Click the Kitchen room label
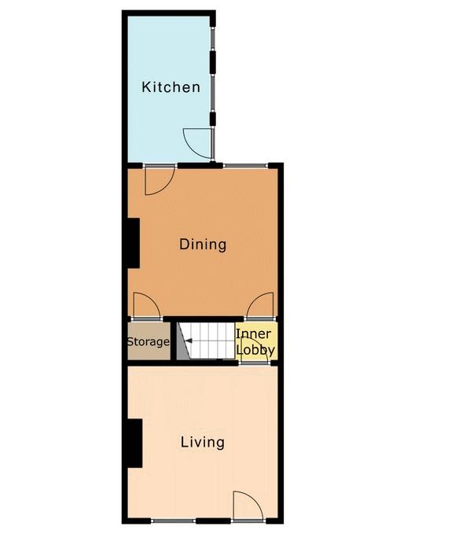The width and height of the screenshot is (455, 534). [x=171, y=87]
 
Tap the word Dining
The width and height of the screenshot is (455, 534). [x=203, y=245]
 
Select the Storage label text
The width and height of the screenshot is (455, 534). [x=149, y=341]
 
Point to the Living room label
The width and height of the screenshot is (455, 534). [x=203, y=443]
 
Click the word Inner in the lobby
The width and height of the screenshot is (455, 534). [x=254, y=333]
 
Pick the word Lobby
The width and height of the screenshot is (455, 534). [x=255, y=350]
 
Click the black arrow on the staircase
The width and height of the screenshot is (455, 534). [x=188, y=341]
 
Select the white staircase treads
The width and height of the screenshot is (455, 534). [x=207, y=341]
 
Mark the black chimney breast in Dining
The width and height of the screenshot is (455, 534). [x=134, y=243]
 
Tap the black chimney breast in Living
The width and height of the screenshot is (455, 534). [x=134, y=443]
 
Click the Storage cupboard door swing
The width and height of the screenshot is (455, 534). [x=147, y=305]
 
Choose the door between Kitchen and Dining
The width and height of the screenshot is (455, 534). [x=160, y=180]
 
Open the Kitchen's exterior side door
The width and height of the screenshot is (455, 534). [x=198, y=143]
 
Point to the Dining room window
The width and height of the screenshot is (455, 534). [x=245, y=166]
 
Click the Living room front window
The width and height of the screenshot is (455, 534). [x=174, y=521]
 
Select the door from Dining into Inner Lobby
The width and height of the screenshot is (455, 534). [x=260, y=305]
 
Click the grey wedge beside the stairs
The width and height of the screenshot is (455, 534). [x=183, y=341]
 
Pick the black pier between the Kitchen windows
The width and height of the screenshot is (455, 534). [x=213, y=63]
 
